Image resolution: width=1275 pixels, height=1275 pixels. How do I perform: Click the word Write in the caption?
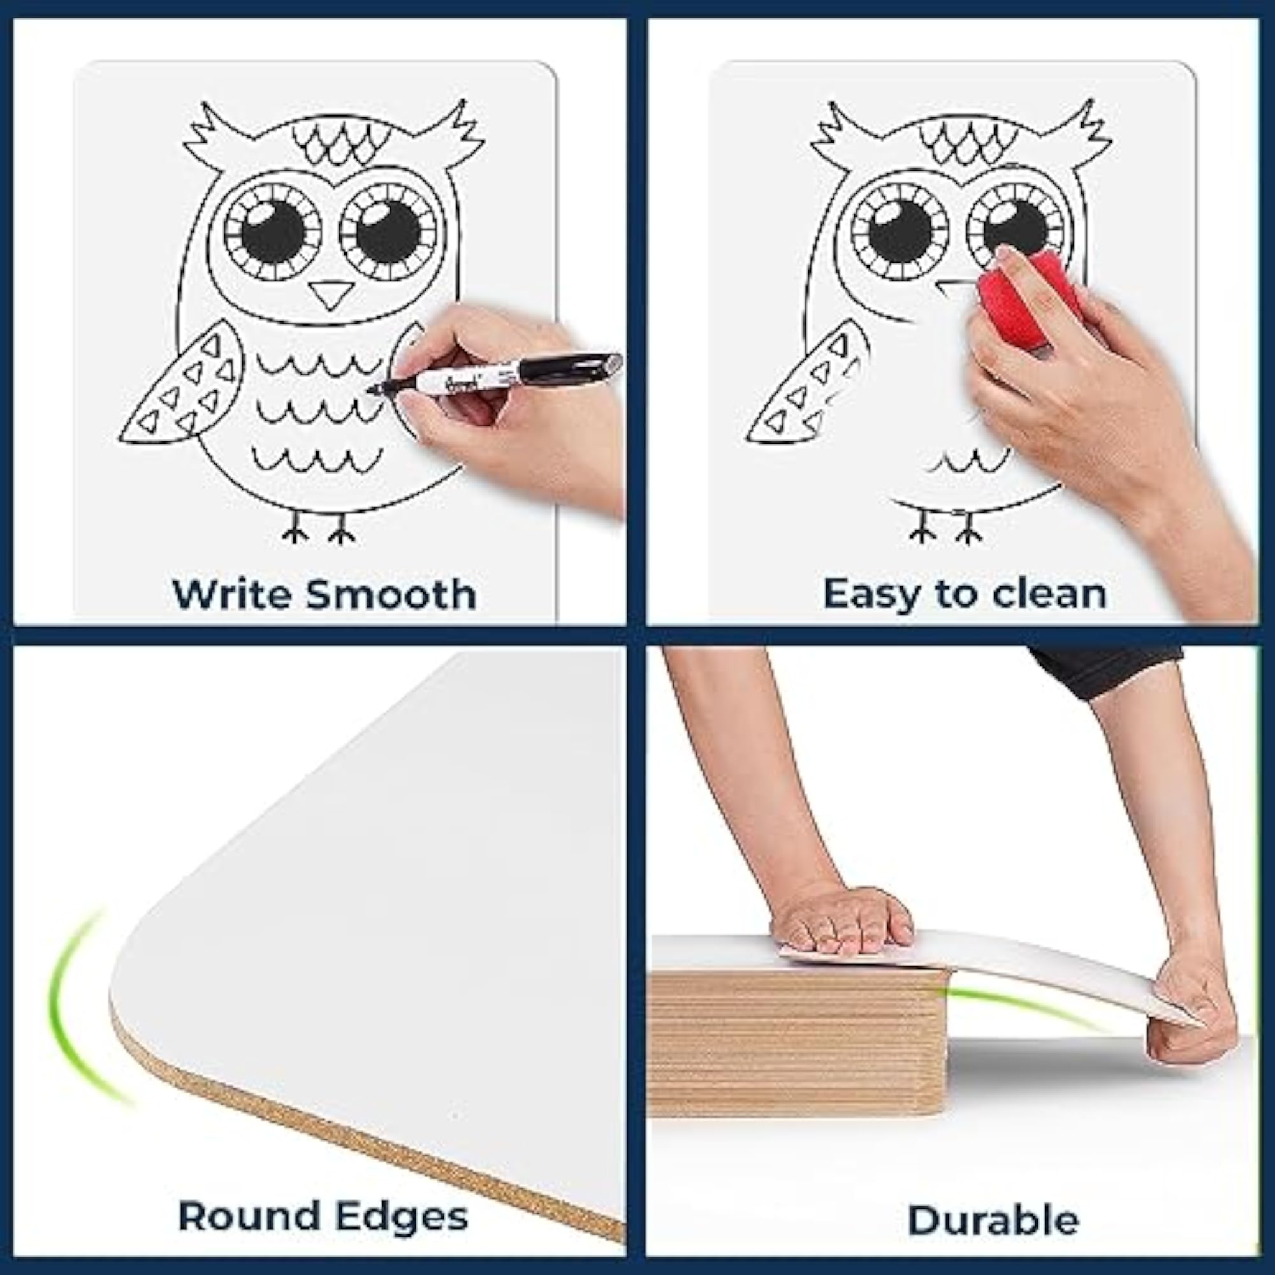(232, 594)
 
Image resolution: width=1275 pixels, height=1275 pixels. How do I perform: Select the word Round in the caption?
(249, 1216)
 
